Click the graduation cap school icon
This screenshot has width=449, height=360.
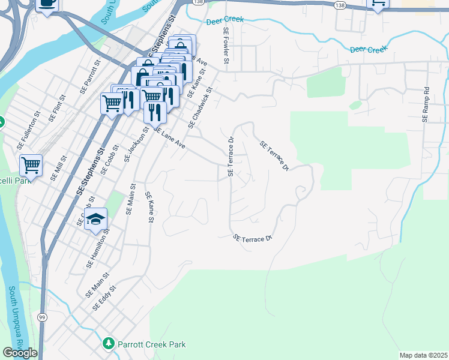pos(95,220)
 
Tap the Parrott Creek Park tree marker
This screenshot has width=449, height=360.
pos(109,344)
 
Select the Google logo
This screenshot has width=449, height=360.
pos(20,353)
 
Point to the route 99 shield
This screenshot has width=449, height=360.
pos(42,316)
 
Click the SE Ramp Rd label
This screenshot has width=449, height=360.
pos(426,105)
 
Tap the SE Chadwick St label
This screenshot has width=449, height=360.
pos(200,108)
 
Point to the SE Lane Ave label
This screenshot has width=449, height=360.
pos(169,139)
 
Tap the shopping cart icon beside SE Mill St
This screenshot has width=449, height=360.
pos(31,164)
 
